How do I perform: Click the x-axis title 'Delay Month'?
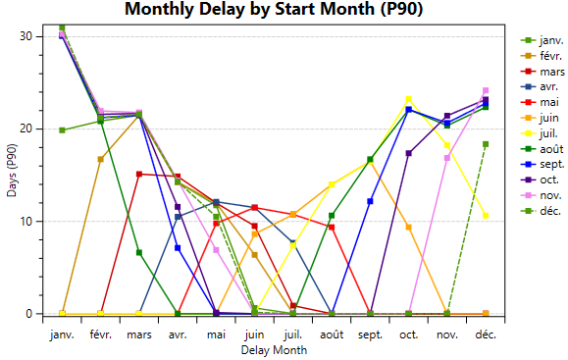point(274,349)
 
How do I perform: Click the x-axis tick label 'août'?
point(332,334)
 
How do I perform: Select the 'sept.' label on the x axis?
point(370,334)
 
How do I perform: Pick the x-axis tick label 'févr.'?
point(101,334)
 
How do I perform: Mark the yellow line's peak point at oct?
point(408,99)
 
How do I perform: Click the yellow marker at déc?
point(485,216)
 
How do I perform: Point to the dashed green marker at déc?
point(485,144)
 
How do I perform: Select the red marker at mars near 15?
point(139,174)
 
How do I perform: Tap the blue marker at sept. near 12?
point(370,201)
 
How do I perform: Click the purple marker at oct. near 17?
point(408,153)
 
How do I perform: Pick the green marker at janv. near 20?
point(62,130)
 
